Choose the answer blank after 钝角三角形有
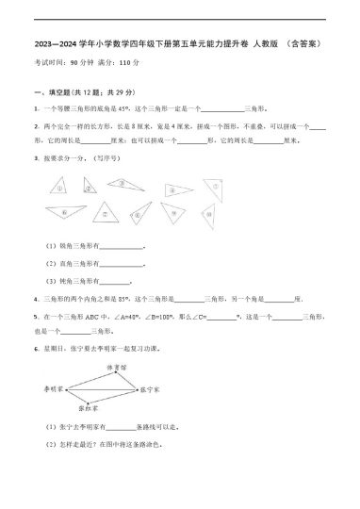pyautogui.click(x=115, y=281)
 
